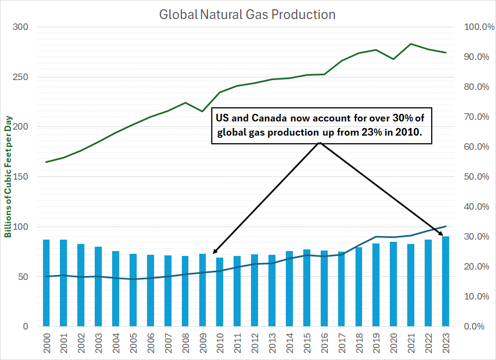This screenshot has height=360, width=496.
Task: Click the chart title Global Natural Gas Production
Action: [x=247, y=14]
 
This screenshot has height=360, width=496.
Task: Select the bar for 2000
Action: [x=46, y=283]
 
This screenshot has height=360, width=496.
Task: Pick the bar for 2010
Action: [x=220, y=292]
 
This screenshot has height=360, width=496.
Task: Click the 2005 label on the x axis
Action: [x=133, y=344]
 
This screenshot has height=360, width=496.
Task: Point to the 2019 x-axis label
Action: [x=376, y=344]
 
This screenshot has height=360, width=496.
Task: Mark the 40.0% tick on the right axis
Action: [x=477, y=207]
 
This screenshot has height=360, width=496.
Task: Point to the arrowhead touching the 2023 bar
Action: [x=442, y=231]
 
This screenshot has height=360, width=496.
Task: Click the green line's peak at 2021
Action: [x=411, y=44]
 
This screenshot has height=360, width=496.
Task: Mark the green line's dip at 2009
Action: [x=202, y=111]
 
